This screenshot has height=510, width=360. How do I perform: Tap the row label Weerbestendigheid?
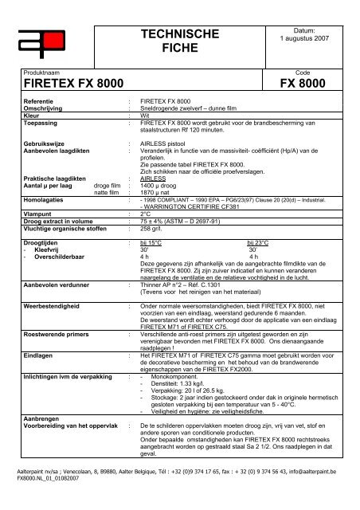click(x=53, y=305)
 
